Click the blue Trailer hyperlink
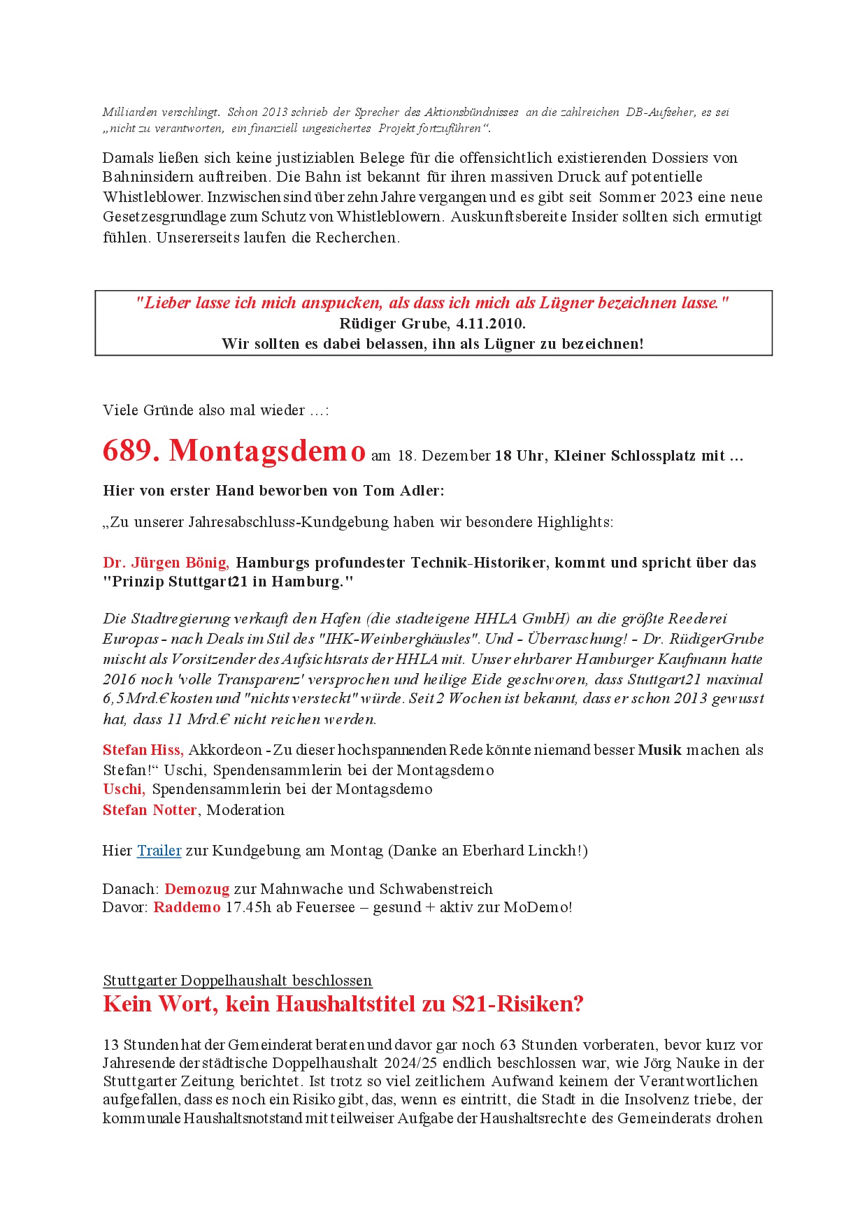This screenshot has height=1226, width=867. (159, 851)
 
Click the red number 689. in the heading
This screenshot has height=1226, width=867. (131, 451)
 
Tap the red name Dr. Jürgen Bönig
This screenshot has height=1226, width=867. (166, 563)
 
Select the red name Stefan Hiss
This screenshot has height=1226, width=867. (143, 750)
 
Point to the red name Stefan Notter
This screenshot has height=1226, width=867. (150, 810)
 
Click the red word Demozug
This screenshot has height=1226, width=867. (197, 889)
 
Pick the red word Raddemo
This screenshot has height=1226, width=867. (187, 907)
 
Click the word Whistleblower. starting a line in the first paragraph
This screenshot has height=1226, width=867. (153, 197)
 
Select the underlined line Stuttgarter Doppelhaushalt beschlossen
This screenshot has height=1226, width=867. (238, 981)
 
